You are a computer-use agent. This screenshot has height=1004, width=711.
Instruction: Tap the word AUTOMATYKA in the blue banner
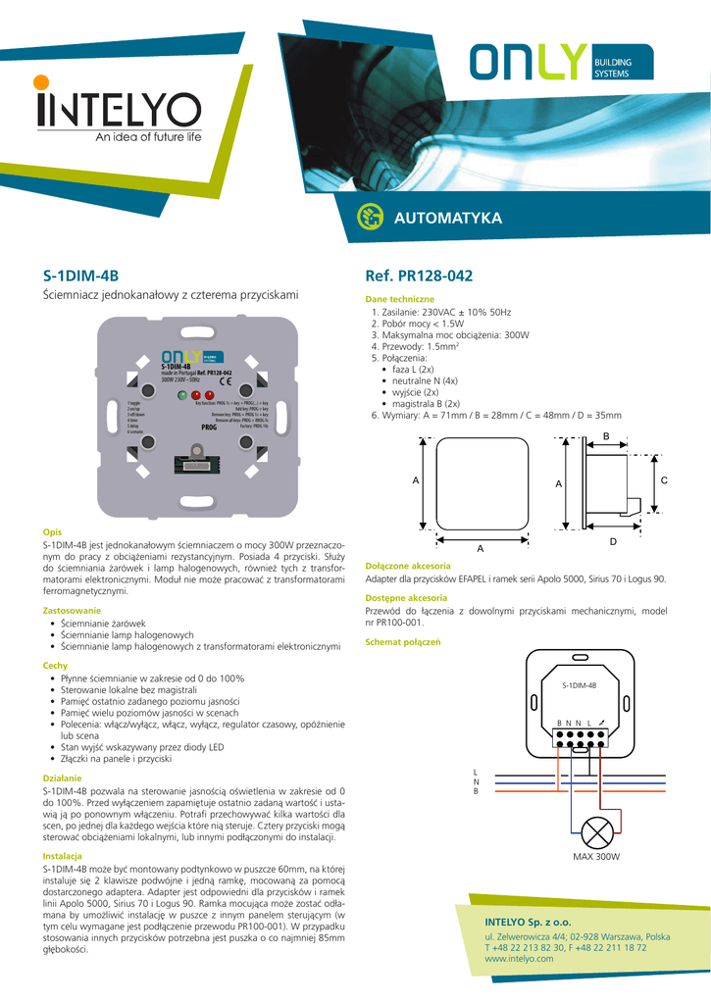(x=447, y=217)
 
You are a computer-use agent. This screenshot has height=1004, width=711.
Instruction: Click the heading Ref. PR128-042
(x=418, y=276)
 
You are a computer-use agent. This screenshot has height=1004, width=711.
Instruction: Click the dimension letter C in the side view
(x=664, y=480)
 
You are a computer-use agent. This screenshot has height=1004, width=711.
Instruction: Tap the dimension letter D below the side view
(x=612, y=542)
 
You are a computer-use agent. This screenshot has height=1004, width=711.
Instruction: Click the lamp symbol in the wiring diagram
(x=597, y=833)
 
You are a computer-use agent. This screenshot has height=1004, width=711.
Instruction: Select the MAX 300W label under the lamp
(x=597, y=857)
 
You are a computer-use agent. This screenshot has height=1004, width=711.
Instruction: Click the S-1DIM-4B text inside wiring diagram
(x=579, y=685)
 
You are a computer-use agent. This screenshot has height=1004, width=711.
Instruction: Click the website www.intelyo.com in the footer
(x=519, y=958)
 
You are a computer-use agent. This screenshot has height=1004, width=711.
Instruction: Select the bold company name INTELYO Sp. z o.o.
(x=528, y=923)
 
